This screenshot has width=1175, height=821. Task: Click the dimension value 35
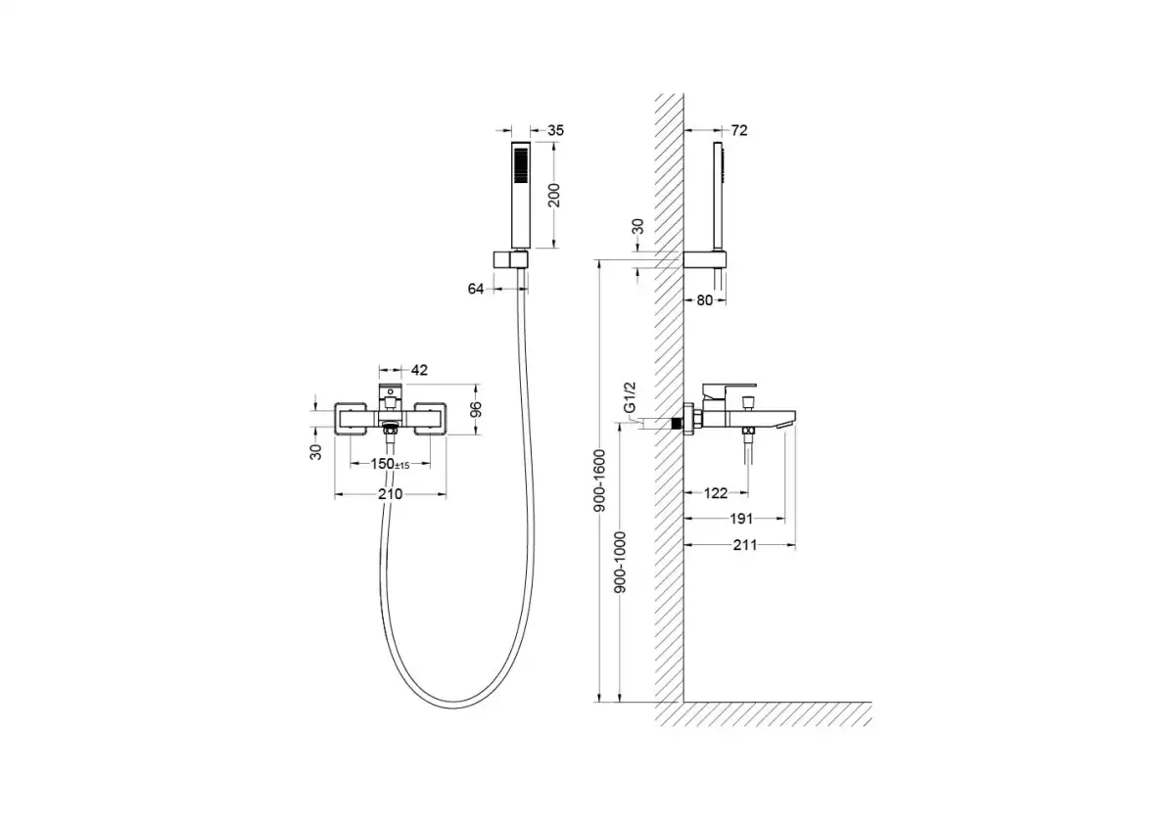[x=555, y=130]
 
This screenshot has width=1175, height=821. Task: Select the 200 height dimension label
[x=554, y=195]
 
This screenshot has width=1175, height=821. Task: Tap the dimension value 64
[x=476, y=289]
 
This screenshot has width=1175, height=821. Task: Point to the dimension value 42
[x=419, y=370]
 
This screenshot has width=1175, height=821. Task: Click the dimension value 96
[x=476, y=409]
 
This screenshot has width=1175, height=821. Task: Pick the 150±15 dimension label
[x=390, y=464]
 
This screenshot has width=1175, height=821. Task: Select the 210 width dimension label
[x=391, y=494]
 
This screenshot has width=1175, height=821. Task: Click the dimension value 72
[x=738, y=130]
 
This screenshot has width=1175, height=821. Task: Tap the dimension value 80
[x=704, y=300]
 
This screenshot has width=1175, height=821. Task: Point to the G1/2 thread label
[x=630, y=397]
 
